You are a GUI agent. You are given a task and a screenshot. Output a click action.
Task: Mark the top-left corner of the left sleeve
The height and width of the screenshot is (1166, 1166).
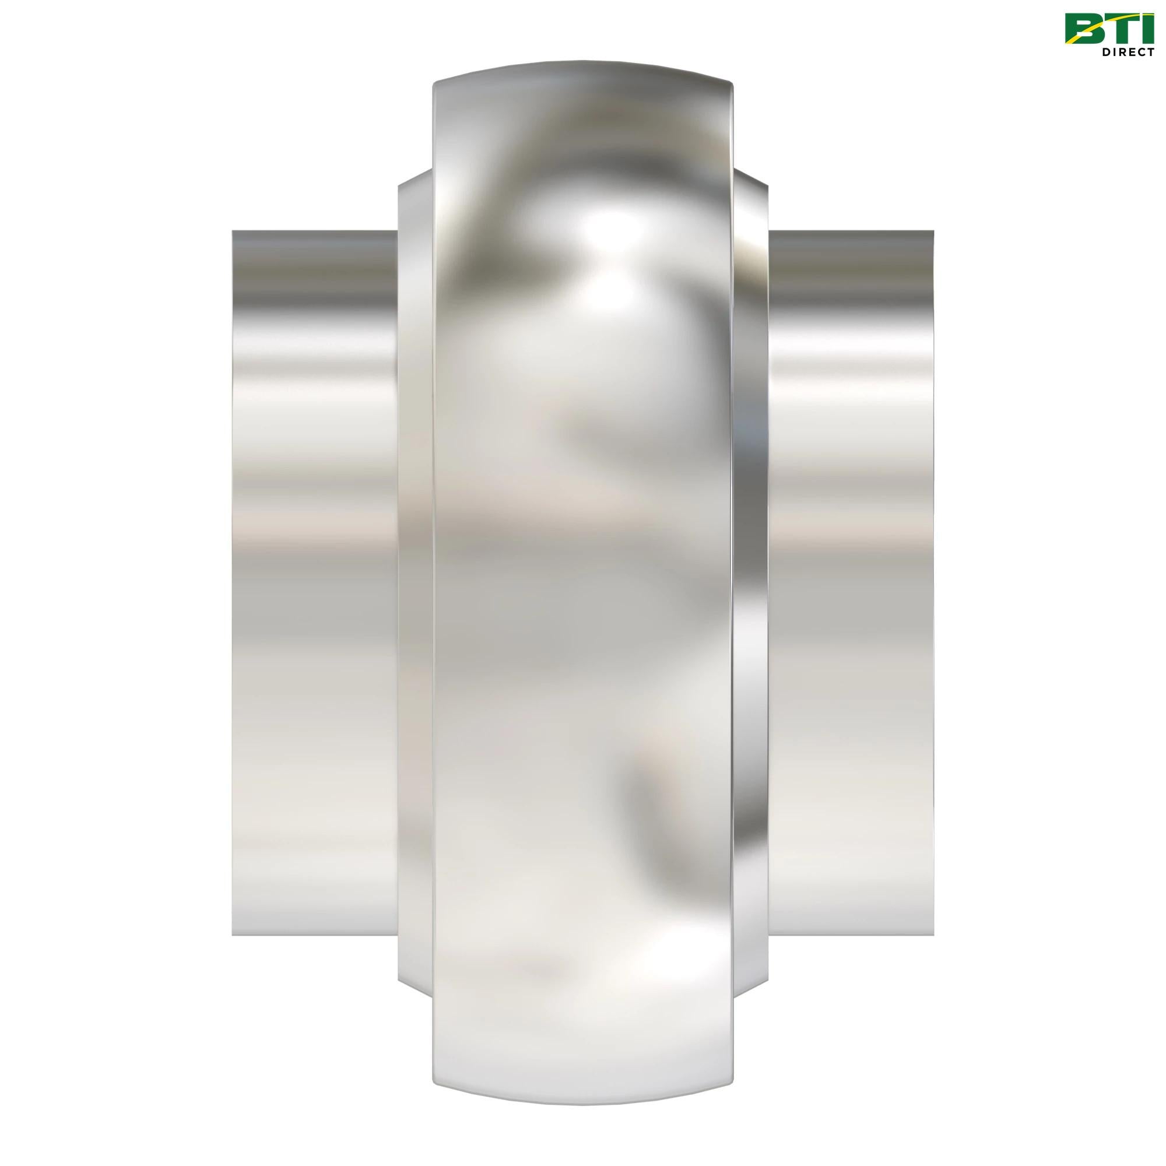[x=234, y=232]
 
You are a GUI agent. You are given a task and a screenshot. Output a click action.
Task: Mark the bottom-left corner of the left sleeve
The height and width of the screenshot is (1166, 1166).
[x=234, y=934]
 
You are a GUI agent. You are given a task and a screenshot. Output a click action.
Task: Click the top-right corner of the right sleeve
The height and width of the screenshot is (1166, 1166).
[x=933, y=232]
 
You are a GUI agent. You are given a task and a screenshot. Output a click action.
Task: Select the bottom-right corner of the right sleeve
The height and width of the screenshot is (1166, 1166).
[x=933, y=934]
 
